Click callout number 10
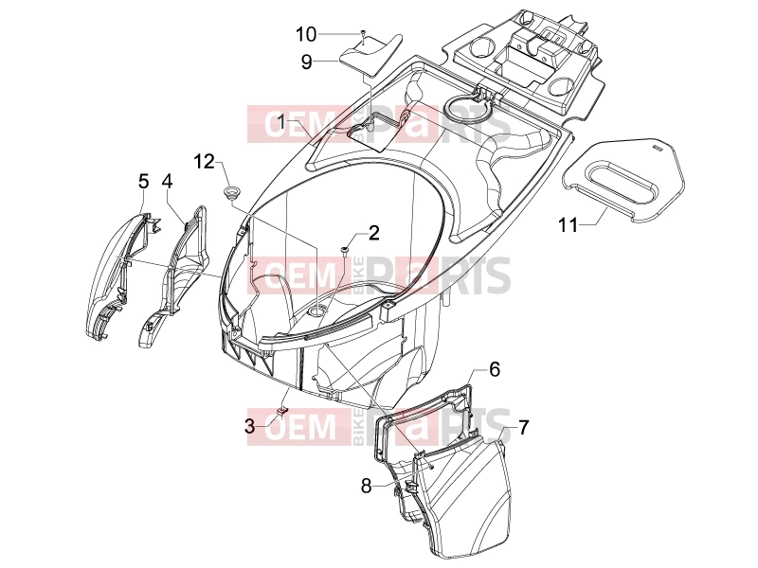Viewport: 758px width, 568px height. (x=305, y=34)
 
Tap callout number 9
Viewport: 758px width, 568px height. (x=306, y=62)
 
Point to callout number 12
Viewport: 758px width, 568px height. (x=204, y=161)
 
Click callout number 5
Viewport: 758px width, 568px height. (x=144, y=182)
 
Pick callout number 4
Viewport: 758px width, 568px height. (x=167, y=182)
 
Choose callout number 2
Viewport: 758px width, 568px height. (x=373, y=233)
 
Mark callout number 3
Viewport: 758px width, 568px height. (x=249, y=427)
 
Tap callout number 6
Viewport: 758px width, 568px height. (x=494, y=369)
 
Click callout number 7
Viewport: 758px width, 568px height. (x=524, y=428)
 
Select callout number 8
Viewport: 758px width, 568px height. (x=367, y=486)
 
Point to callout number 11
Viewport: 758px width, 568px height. (x=568, y=224)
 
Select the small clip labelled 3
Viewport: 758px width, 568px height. (x=281, y=410)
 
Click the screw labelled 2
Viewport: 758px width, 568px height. (x=345, y=250)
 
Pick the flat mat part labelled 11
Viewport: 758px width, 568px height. (x=623, y=178)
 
